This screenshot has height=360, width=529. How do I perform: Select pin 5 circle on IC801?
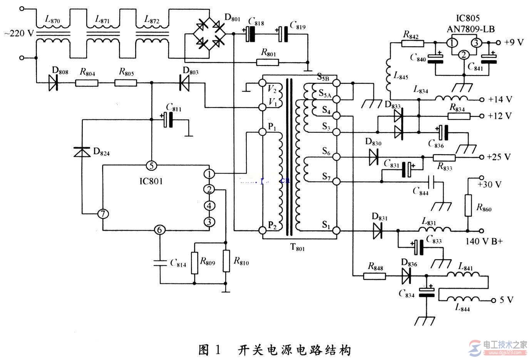tap(151, 166)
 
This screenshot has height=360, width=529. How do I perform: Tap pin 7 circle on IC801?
tap(102, 214)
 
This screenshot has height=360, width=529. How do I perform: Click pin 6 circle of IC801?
tap(159, 230)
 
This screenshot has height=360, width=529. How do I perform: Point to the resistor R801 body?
tap(267, 62)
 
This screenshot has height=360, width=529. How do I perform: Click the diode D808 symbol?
tap(54, 82)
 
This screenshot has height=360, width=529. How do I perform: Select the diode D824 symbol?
tap(82, 152)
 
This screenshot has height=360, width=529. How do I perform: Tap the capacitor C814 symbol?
tap(159, 263)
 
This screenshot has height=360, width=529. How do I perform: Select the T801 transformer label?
tap(297, 248)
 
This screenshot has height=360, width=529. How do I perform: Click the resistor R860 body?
tap(468, 205)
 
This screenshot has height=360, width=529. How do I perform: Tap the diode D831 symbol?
tap(377, 231)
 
